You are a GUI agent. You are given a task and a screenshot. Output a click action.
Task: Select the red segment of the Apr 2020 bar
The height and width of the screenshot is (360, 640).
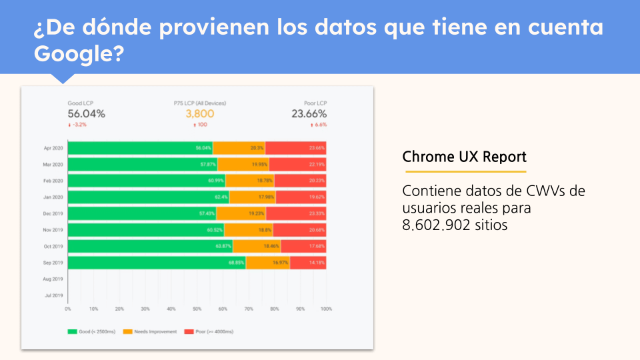(296, 148)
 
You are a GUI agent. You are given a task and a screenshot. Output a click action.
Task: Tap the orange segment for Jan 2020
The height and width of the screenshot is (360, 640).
(252, 197)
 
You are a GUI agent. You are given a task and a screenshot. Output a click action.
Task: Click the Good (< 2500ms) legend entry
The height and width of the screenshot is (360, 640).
(93, 331)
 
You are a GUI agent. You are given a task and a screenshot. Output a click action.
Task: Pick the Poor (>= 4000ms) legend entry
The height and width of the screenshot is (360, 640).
(209, 331)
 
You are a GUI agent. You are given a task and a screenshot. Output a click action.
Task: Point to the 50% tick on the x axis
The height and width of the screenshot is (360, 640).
(197, 309)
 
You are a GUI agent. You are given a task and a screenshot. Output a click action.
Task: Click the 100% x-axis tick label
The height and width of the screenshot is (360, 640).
(326, 309)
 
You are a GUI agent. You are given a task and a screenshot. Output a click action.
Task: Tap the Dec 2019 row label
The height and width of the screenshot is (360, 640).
(53, 213)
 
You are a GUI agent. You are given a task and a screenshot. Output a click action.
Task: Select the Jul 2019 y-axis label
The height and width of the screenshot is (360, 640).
(54, 295)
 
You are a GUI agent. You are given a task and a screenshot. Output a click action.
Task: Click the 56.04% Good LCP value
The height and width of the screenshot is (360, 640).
(86, 114)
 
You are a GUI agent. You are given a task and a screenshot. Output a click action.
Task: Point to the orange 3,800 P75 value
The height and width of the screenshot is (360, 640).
(199, 114)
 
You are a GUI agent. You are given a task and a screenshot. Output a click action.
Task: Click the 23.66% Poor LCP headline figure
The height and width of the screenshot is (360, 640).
(308, 114)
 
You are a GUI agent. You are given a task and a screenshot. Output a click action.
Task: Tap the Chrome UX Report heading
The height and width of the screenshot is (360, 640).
(464, 157)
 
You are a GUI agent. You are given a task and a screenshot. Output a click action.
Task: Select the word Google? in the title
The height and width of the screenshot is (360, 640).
(79, 53)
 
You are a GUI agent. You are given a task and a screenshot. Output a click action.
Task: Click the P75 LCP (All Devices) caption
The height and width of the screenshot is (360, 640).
(199, 103)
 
